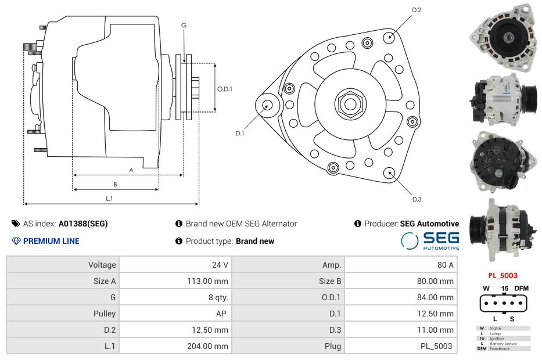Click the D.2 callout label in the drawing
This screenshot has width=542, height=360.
(x=417, y=10)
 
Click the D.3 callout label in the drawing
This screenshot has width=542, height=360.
(x=417, y=199)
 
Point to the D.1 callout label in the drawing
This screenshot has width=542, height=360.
(x=239, y=133)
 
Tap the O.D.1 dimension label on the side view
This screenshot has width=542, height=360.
(x=225, y=89)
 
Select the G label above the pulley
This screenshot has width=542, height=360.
(x=184, y=25)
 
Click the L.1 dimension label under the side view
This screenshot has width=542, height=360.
(x=109, y=199)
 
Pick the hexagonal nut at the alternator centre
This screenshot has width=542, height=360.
(x=350, y=104)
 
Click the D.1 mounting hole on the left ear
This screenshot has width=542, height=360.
(x=268, y=105)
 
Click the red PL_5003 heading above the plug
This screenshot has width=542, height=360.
(x=502, y=275)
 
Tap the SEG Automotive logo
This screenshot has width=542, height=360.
(x=430, y=241)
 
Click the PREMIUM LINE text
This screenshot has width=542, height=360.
(x=51, y=241)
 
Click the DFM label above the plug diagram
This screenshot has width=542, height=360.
(x=521, y=289)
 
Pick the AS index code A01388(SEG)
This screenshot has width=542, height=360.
(x=83, y=224)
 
